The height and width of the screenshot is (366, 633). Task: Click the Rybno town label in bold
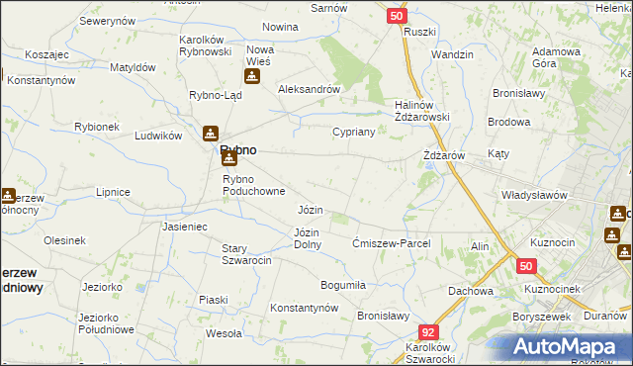237,149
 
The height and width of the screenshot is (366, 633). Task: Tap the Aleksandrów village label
309,88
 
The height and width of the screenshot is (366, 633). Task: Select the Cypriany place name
353,132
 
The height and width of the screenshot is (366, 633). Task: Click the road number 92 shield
427,333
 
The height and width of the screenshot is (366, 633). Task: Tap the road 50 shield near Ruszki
396,16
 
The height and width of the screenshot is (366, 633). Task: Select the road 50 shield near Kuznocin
526,266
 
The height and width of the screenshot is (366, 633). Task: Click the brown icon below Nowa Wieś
251,77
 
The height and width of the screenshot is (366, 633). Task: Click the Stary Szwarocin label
246,254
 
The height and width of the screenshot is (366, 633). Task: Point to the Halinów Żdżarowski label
422,116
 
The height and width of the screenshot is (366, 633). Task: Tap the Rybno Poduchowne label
254,185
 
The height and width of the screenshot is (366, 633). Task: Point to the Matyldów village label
133,67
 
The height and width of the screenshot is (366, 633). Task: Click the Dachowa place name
470,291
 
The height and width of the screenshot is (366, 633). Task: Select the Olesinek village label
65,239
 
